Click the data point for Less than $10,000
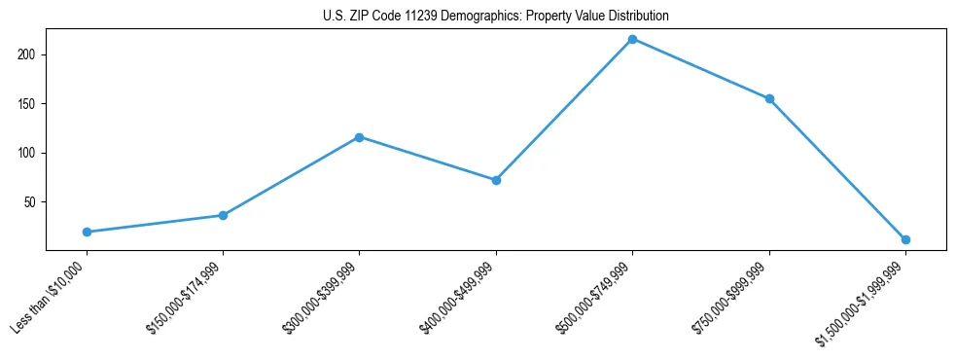click(x=87, y=232)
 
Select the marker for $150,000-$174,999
click(x=223, y=215)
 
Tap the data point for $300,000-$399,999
click(x=360, y=137)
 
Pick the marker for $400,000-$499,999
click(x=496, y=180)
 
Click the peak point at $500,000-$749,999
click(x=632, y=39)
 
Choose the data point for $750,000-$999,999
click(x=769, y=98)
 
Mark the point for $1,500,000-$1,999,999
click(x=905, y=239)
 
